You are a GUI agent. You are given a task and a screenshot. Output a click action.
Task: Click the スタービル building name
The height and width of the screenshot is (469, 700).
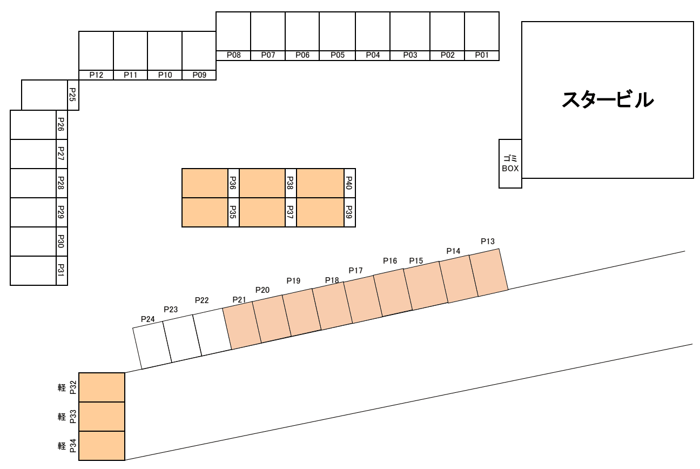click(x=608, y=100)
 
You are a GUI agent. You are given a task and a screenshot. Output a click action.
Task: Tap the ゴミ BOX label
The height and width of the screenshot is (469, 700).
click(x=510, y=163)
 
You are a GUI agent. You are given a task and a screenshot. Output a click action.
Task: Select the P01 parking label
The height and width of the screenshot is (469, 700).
click(x=481, y=55)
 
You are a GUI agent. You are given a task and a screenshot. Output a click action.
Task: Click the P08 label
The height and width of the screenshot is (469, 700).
click(x=233, y=55)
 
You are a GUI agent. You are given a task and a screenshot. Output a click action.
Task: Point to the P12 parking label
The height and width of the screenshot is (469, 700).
click(x=96, y=75)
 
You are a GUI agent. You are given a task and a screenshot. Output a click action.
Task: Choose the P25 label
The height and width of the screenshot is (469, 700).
click(x=73, y=95)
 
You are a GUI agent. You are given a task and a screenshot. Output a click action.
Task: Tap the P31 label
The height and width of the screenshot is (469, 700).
click(x=62, y=270)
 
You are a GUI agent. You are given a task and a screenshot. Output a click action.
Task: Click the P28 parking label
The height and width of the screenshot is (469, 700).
click(x=62, y=183)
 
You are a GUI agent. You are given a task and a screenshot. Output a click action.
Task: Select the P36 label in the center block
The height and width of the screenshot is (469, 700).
click(x=233, y=183)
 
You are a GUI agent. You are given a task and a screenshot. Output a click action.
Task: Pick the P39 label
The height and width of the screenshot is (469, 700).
click(x=349, y=212)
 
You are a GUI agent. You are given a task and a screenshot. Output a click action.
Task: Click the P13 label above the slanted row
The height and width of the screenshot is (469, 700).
click(x=488, y=242)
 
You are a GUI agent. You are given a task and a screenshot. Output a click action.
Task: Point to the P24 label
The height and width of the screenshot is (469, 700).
click(x=148, y=319)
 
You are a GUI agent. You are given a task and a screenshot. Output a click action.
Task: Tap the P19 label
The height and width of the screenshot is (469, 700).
click(x=293, y=281)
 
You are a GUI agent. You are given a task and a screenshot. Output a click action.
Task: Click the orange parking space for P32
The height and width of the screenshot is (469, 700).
click(x=102, y=387)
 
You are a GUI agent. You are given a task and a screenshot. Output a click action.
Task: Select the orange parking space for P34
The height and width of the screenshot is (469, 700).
click(x=102, y=446)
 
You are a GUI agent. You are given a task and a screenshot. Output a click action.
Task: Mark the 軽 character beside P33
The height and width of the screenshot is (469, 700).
click(x=62, y=417)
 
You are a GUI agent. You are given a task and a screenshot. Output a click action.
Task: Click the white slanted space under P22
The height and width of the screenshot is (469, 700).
click(x=212, y=332)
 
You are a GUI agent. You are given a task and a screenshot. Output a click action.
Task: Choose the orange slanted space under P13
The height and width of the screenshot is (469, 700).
click(x=488, y=273)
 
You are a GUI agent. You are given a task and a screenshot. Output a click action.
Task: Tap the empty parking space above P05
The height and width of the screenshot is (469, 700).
click(x=337, y=31)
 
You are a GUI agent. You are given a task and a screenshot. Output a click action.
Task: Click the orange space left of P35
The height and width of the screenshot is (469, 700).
click(x=205, y=212)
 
